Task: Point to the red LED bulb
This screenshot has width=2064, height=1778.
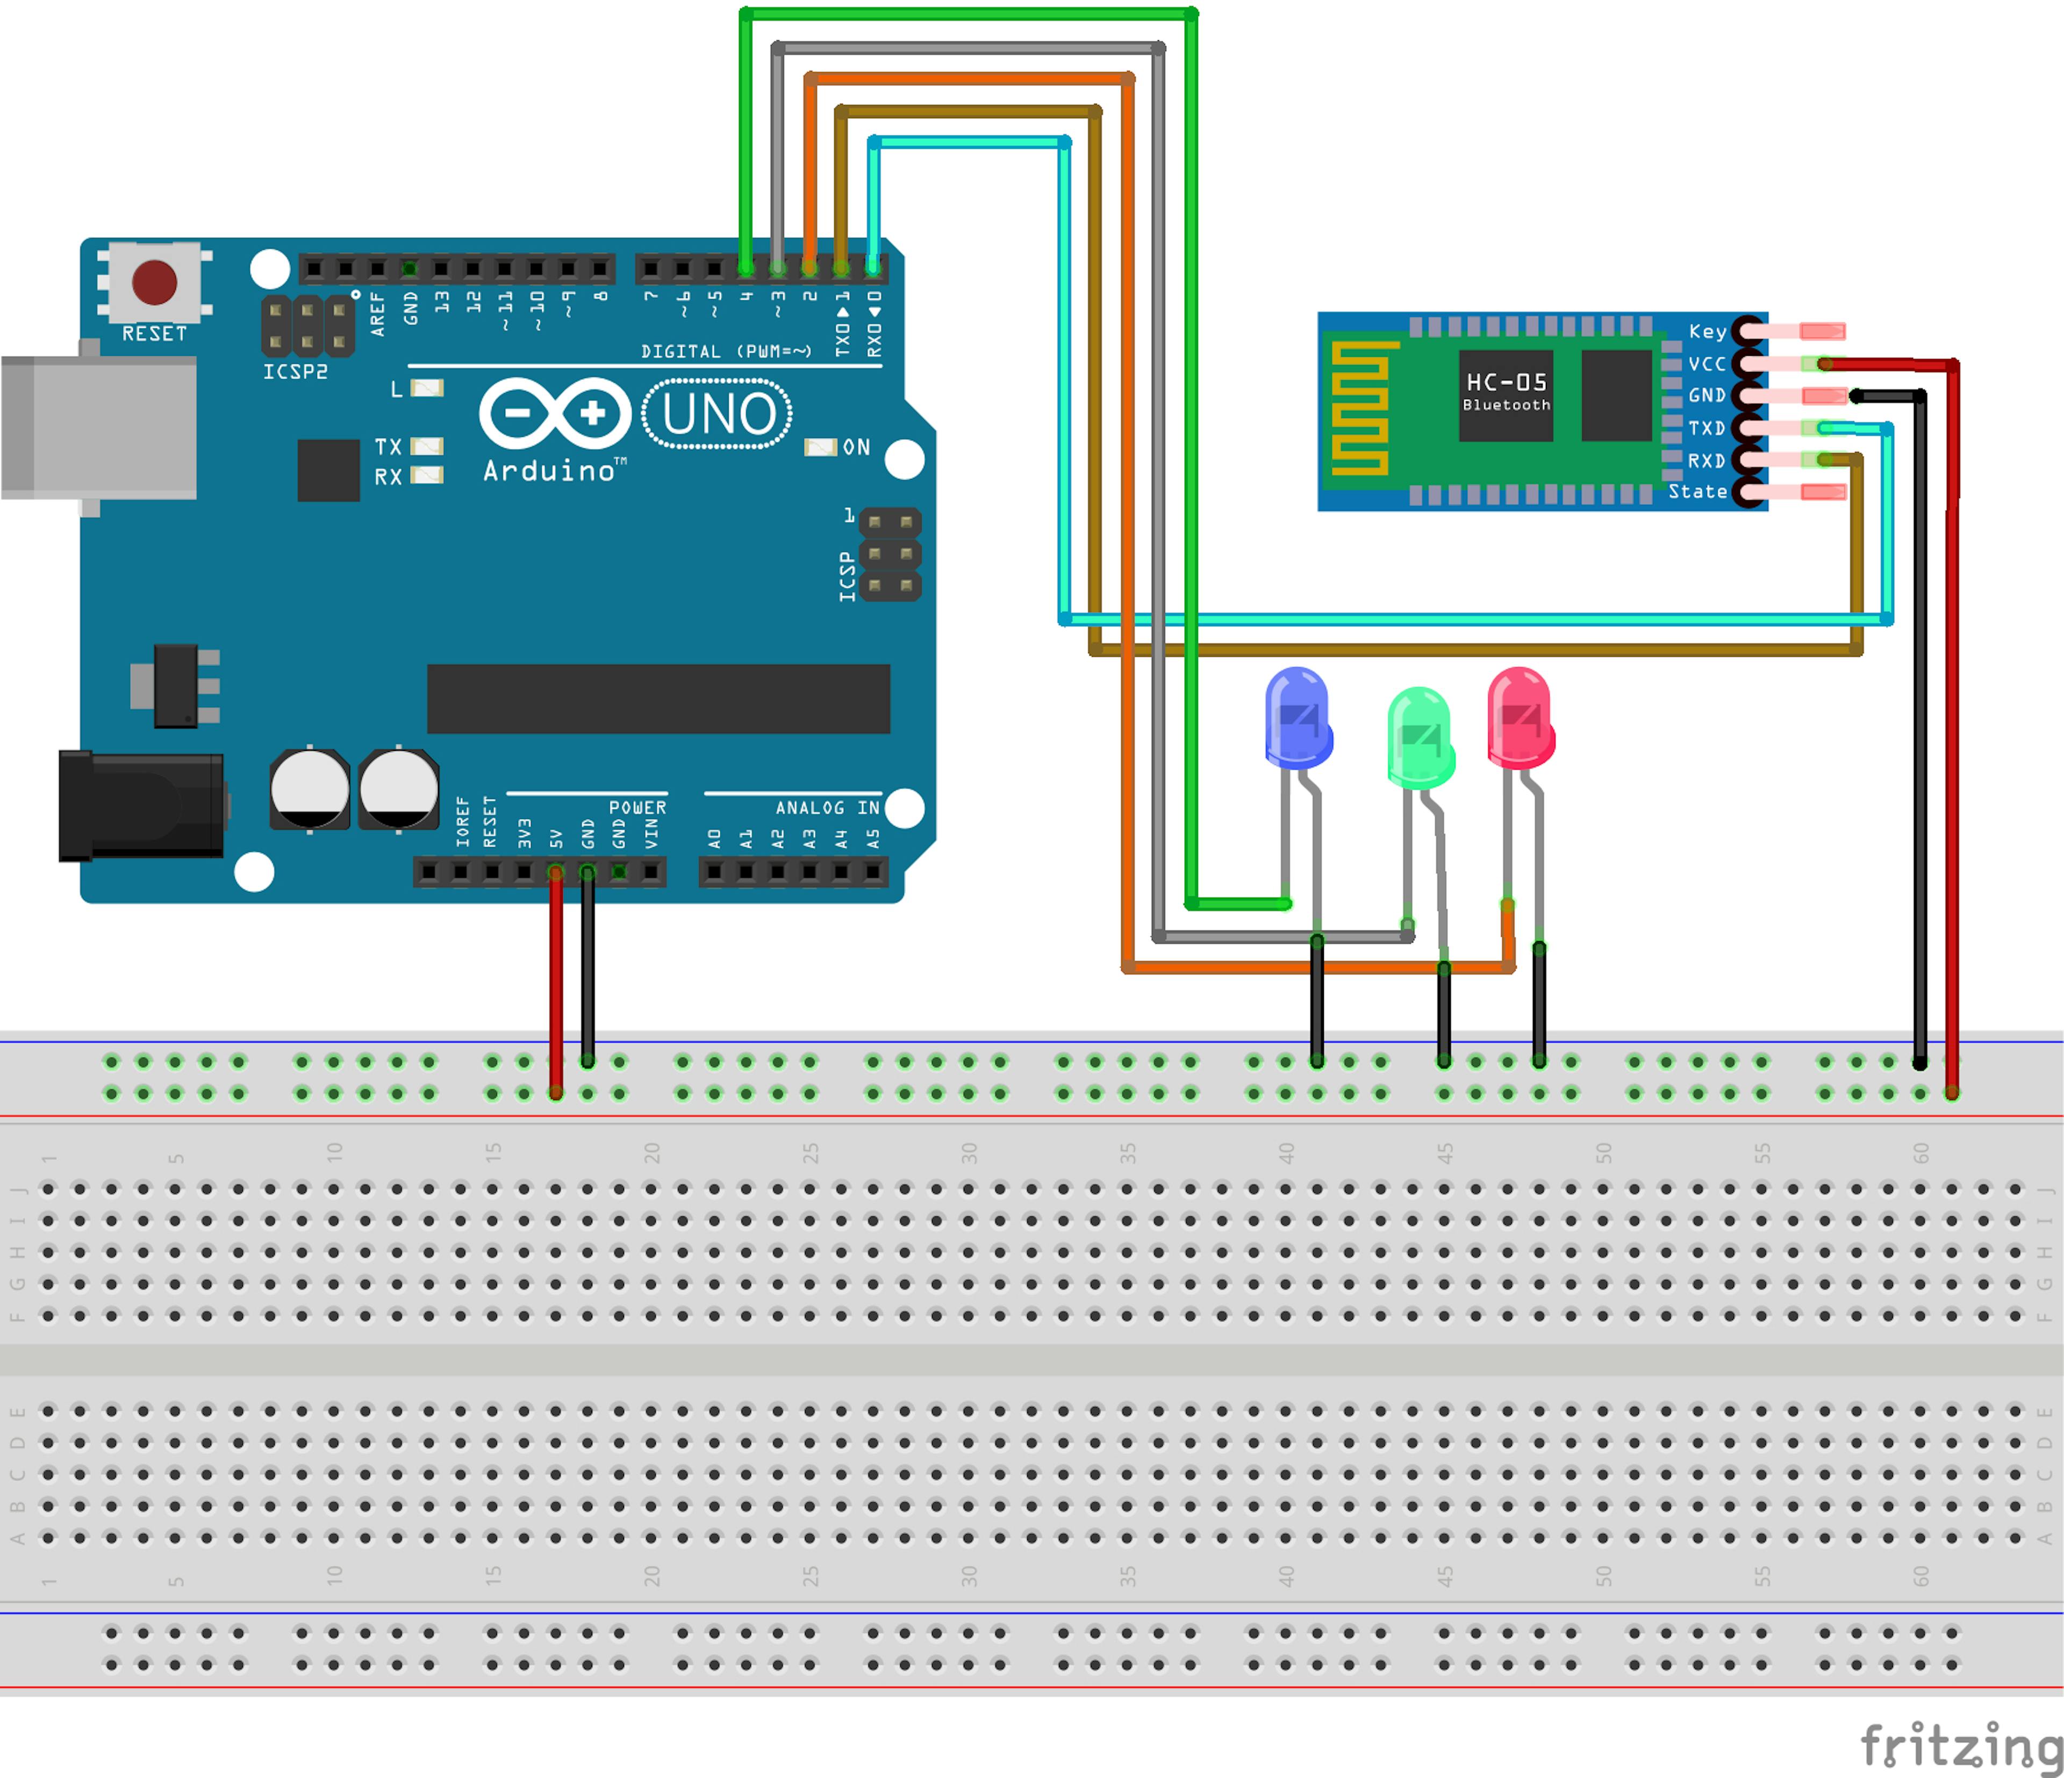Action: (x=1520, y=717)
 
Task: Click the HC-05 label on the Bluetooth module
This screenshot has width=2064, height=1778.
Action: (x=1506, y=382)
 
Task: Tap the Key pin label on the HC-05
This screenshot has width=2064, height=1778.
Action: (x=1708, y=332)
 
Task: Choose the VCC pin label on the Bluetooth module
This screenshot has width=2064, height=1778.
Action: (x=1707, y=363)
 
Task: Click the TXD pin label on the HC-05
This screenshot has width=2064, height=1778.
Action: (x=1707, y=428)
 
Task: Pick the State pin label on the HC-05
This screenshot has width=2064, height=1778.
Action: (x=1697, y=491)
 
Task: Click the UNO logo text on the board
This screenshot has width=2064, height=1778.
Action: (x=718, y=413)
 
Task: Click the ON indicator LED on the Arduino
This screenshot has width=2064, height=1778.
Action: (x=820, y=447)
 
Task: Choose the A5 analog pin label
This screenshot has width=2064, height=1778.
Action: (x=873, y=838)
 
